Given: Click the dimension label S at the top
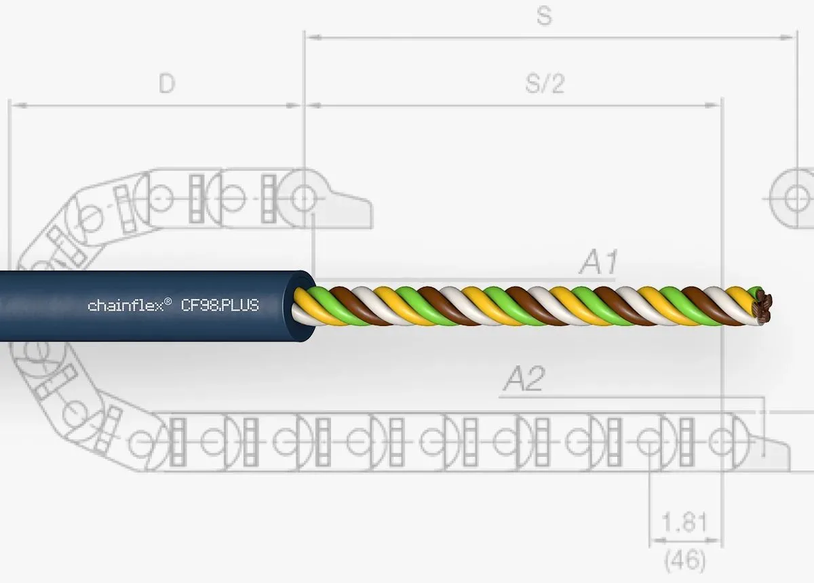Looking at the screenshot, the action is coord(544,16).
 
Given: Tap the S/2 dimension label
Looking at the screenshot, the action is coord(545,84).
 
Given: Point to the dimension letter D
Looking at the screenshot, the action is coord(167,83).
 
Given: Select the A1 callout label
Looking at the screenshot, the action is coord(598,262).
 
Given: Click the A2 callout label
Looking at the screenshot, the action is coord(524,378).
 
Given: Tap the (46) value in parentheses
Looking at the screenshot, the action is coord(685,560).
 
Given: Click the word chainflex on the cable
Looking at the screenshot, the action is coord(125,306).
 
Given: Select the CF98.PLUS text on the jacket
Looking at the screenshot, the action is coord(220,306).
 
